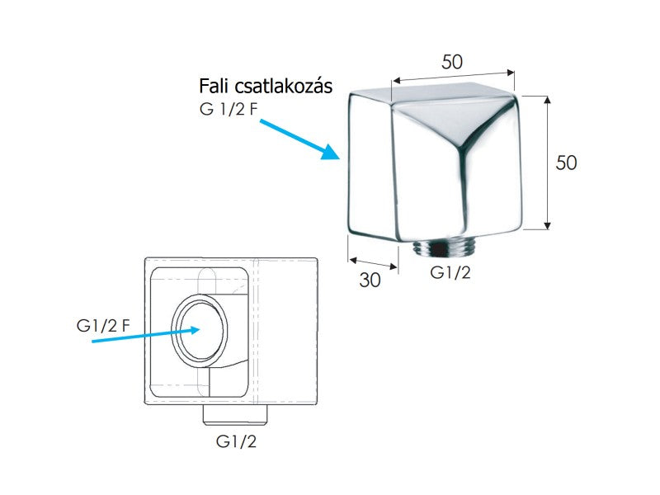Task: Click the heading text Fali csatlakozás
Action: coord(266,87)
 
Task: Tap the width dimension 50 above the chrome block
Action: coord(451,62)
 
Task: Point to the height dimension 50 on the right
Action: coord(566,163)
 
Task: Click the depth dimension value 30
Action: coord(370,280)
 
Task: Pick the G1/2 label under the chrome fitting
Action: coord(450,272)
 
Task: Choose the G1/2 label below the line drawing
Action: coord(236,441)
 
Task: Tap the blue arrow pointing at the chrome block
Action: coord(300,139)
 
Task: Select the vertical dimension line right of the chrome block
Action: coord(547,163)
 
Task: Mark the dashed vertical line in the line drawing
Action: coord(257,330)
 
